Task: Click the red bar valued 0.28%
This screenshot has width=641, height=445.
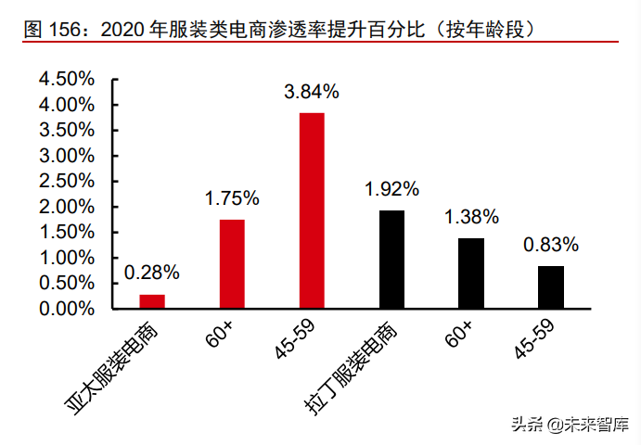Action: pos(152,301)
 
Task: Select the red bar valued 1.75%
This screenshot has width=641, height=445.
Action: pos(232,264)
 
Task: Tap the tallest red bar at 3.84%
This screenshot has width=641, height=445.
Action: pos(312,210)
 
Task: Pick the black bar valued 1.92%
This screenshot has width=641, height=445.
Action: pos(391,260)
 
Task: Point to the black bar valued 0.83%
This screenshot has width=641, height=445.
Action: pos(551,287)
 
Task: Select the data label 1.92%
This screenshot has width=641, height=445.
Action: pos(391,189)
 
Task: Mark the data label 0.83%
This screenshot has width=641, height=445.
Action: pos(551,245)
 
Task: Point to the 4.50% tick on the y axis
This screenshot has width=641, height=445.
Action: pos(67,80)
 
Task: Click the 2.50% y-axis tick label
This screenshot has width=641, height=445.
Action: pos(67,182)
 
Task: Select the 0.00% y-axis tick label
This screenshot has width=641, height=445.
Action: pos(67,309)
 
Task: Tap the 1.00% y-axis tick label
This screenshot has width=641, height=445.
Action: pos(67,258)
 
